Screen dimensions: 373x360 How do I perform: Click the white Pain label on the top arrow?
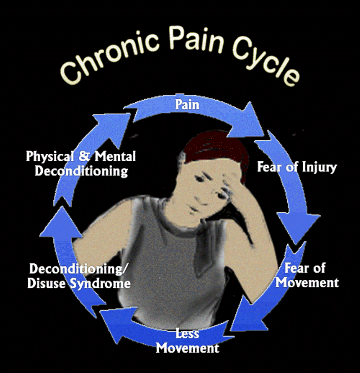pyautogui.click(x=187, y=105)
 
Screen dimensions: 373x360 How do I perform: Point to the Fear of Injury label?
pyautogui.click(x=297, y=167)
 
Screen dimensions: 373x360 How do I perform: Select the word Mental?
pyautogui.click(x=115, y=157)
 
